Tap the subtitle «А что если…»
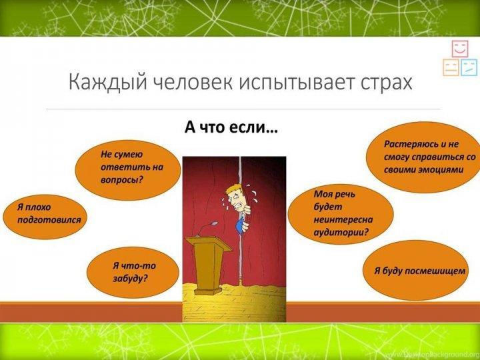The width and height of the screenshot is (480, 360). coord(231,127)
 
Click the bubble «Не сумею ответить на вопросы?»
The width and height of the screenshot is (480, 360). coord(128,170)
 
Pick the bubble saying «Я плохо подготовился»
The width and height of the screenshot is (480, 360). coord(45,217)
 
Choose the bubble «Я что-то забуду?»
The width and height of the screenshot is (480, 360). coord(133,273)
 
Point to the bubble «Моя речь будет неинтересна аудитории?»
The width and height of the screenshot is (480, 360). coord(341,214)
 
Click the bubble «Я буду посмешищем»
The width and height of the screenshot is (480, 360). coord(416,271)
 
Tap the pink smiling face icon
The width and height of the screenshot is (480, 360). coord(460,49)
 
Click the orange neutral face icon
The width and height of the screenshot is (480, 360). coord(451,67)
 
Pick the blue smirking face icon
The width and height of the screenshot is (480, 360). coord(469,67)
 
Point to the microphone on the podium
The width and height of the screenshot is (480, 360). coord(207,228)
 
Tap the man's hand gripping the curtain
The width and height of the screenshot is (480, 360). coord(245,227)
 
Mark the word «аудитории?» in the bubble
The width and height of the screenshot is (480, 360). coord(341,233)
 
